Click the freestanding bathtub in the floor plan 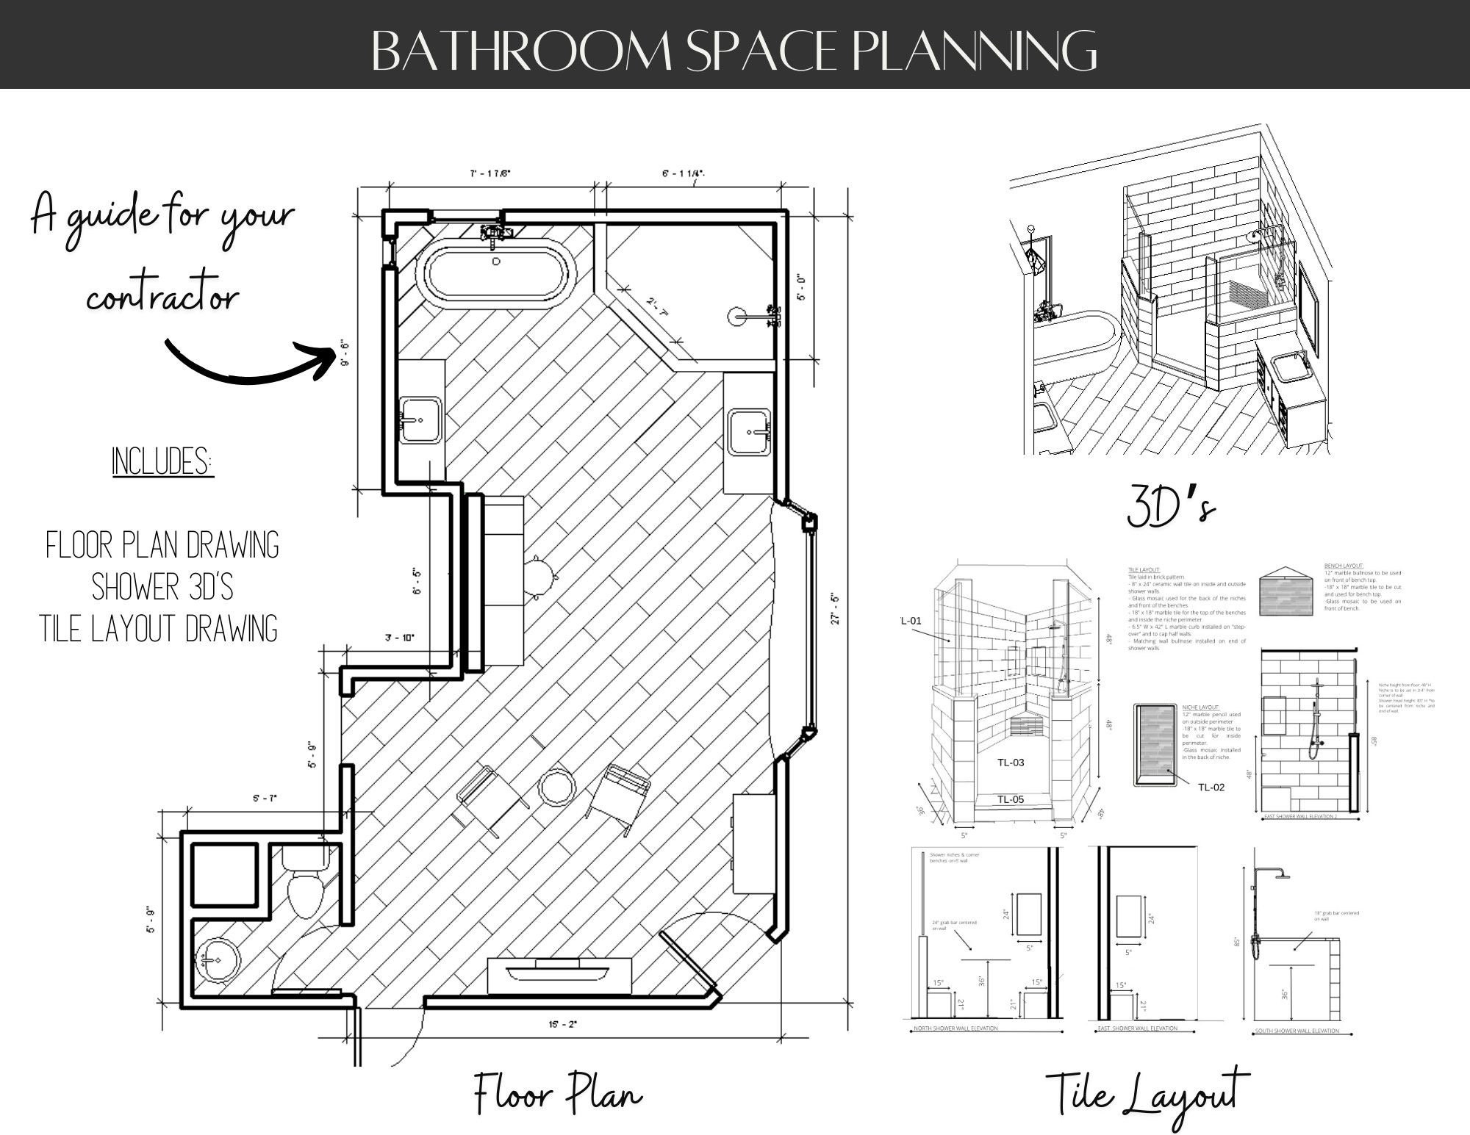coord(497,270)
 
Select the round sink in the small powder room coord(216,960)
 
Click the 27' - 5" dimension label coord(835,609)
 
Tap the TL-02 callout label coord(1211,788)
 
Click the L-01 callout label coord(911,621)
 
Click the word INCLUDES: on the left coord(162,462)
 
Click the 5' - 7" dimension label coord(265,799)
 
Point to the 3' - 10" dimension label coord(400,638)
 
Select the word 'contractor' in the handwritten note coord(162,298)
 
